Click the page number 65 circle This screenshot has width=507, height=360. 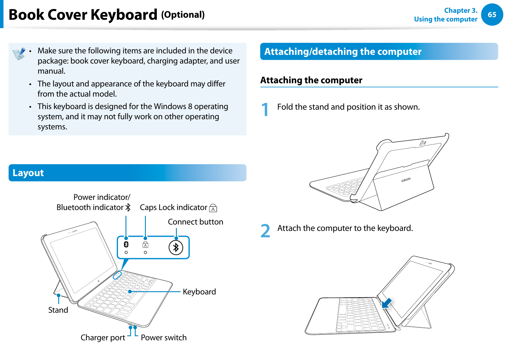[x=492, y=15]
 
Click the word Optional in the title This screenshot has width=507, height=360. [x=183, y=15]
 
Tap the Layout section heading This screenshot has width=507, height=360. [x=28, y=173]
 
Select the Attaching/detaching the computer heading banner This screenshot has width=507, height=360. [x=343, y=52]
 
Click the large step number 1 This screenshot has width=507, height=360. [x=265, y=110]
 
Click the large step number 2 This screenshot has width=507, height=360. [x=265, y=231]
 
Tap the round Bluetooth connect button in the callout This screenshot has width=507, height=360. [x=176, y=248]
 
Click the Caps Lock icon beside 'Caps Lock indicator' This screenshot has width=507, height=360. [x=213, y=208]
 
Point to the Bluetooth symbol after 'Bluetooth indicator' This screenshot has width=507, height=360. [x=128, y=207]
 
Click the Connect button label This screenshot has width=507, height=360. [x=195, y=222]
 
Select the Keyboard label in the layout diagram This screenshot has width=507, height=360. [x=199, y=292]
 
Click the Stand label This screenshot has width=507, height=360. [x=58, y=310]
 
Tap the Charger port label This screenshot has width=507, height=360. [x=103, y=338]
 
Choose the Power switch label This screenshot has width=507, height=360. [x=163, y=338]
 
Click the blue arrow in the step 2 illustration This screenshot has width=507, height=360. [x=387, y=303]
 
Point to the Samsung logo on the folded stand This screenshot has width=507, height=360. [x=406, y=180]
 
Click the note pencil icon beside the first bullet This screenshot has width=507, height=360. [x=19, y=54]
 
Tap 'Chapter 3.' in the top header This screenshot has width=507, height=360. [x=460, y=10]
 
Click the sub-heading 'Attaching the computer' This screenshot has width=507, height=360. [x=311, y=80]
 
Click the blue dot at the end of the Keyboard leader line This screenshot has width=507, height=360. [x=130, y=292]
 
